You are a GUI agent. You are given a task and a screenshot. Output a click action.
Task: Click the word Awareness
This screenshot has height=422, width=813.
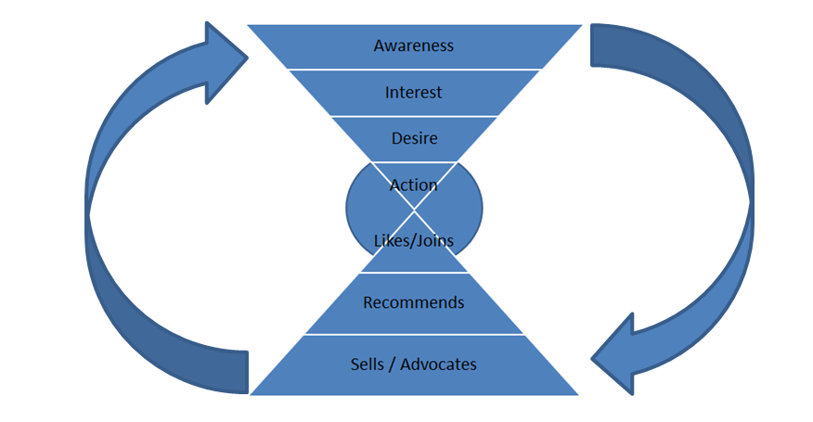coord(413,45)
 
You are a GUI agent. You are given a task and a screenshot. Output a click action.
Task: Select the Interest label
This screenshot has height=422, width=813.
coord(413,93)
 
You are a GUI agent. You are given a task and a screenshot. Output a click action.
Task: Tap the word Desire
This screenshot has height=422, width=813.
coord(413,139)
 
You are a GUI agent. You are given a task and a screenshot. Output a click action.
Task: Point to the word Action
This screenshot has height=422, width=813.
coord(413,185)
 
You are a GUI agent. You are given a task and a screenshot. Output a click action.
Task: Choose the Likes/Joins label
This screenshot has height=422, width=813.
coord(414,241)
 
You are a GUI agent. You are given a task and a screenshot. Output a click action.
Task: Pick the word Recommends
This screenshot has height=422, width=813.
coord(414,302)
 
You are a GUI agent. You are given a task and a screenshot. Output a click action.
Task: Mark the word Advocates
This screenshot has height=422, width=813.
coord(439,364)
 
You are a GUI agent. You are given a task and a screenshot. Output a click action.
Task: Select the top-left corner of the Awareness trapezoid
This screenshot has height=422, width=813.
coord(249,25)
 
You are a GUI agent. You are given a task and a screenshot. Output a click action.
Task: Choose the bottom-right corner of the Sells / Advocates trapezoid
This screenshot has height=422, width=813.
coord(577,394)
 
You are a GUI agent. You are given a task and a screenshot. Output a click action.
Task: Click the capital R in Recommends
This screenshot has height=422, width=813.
coord(368,302)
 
